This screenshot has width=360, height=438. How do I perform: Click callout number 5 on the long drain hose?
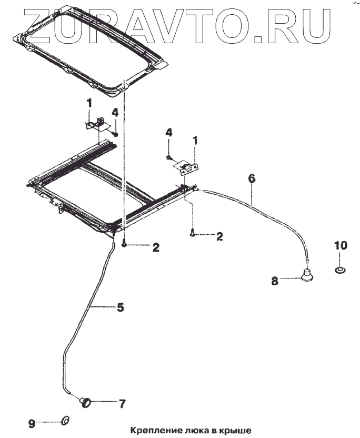click(x=120, y=307)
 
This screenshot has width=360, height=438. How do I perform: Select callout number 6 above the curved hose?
click(x=252, y=178)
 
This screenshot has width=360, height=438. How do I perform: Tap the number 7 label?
click(x=122, y=404)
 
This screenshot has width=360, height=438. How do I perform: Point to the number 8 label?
click(x=274, y=281)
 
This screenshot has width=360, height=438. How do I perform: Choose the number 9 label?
click(x=32, y=422)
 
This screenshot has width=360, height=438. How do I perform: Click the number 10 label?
click(x=341, y=245)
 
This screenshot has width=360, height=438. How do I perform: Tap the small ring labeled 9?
click(x=66, y=420)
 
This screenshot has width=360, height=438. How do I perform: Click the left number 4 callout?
click(x=114, y=112)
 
